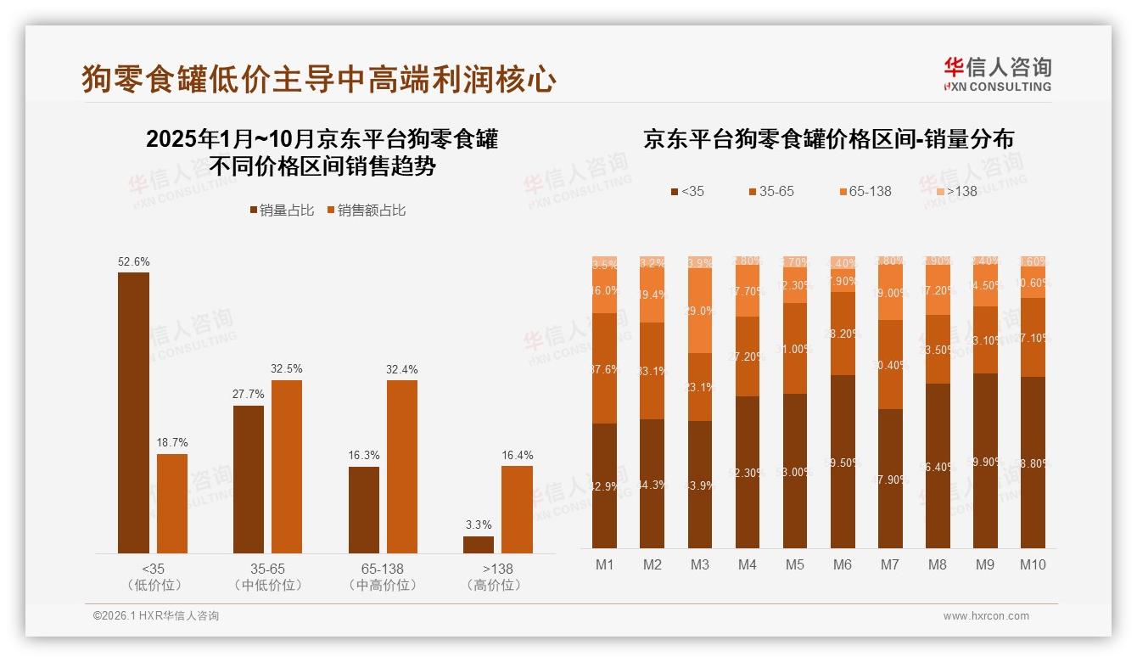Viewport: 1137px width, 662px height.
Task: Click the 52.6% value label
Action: [133, 261]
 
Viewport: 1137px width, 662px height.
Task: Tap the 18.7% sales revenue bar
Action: [172, 503]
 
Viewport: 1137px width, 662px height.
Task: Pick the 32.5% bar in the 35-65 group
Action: [287, 467]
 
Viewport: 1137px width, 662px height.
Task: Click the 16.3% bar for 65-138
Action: [363, 510]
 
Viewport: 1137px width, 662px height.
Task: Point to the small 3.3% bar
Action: [479, 545]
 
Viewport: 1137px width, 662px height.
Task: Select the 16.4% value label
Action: [517, 455]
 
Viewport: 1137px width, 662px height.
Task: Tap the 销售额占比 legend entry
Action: [366, 210]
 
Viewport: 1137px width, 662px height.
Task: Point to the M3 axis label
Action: [699, 564]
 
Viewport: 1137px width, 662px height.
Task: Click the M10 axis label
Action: [1033, 564]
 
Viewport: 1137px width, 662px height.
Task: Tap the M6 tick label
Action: [842, 564]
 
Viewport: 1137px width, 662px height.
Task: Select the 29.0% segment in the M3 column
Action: [700, 311]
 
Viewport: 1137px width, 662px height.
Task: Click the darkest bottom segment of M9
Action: [985, 461]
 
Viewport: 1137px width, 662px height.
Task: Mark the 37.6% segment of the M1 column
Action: [605, 367]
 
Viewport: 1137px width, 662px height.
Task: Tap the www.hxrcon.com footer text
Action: [986, 616]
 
